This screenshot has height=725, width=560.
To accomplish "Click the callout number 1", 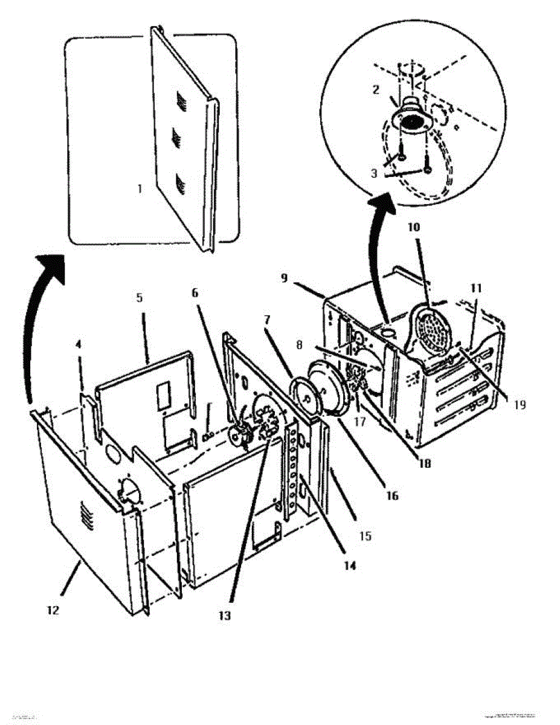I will click(140, 188).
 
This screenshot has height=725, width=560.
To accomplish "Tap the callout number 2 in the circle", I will click(375, 90).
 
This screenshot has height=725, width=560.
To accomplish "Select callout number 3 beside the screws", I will click(375, 172).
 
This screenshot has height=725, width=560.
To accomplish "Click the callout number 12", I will click(53, 610).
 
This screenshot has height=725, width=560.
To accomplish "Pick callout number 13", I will click(225, 616).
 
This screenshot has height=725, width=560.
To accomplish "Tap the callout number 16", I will click(392, 496).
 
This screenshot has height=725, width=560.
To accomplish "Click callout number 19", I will click(520, 405).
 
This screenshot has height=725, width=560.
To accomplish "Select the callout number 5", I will click(139, 298).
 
